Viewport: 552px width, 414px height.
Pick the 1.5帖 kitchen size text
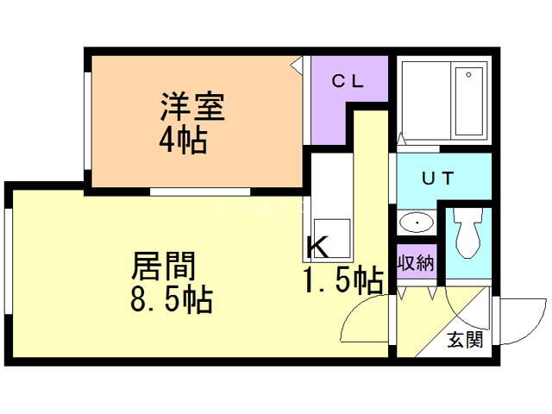(x=342, y=280)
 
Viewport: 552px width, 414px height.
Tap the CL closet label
(x=349, y=83)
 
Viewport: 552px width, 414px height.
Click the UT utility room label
(x=438, y=179)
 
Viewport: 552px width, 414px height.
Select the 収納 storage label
(x=416, y=262)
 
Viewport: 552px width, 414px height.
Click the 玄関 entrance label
(x=465, y=339)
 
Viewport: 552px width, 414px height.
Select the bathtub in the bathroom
(x=469, y=100)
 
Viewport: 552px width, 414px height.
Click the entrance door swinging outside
(x=521, y=319)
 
